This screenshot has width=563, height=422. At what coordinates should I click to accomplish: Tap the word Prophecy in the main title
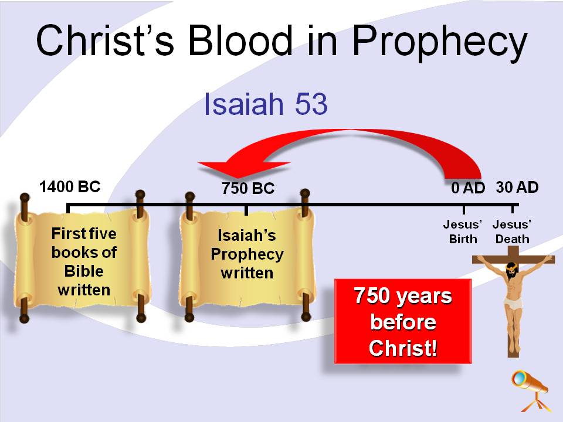[x=440, y=43]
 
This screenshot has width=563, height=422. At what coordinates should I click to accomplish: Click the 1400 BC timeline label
[x=70, y=187]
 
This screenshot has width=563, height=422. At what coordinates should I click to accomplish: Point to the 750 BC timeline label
[x=248, y=188]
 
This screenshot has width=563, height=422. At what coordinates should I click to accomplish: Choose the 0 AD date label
[x=468, y=188]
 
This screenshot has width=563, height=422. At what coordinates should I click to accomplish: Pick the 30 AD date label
[x=517, y=188]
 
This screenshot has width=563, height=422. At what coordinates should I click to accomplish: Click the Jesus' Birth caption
[x=463, y=232]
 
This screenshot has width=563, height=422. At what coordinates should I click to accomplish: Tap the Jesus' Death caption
[x=512, y=232]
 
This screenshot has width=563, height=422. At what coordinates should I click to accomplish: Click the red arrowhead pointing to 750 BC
[x=244, y=169]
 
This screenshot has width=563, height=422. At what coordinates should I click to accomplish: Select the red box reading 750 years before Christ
[x=403, y=321]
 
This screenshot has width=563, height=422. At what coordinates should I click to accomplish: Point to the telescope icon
[x=531, y=390]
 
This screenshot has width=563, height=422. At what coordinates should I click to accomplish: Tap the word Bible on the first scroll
[x=84, y=271]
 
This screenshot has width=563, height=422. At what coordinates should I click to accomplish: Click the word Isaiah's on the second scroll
[x=247, y=236]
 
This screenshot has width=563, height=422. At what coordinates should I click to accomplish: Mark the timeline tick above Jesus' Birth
[x=463, y=209]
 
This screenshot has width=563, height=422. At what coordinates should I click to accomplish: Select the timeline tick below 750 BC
[x=246, y=210]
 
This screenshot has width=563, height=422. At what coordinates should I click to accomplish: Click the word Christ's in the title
[x=105, y=40]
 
